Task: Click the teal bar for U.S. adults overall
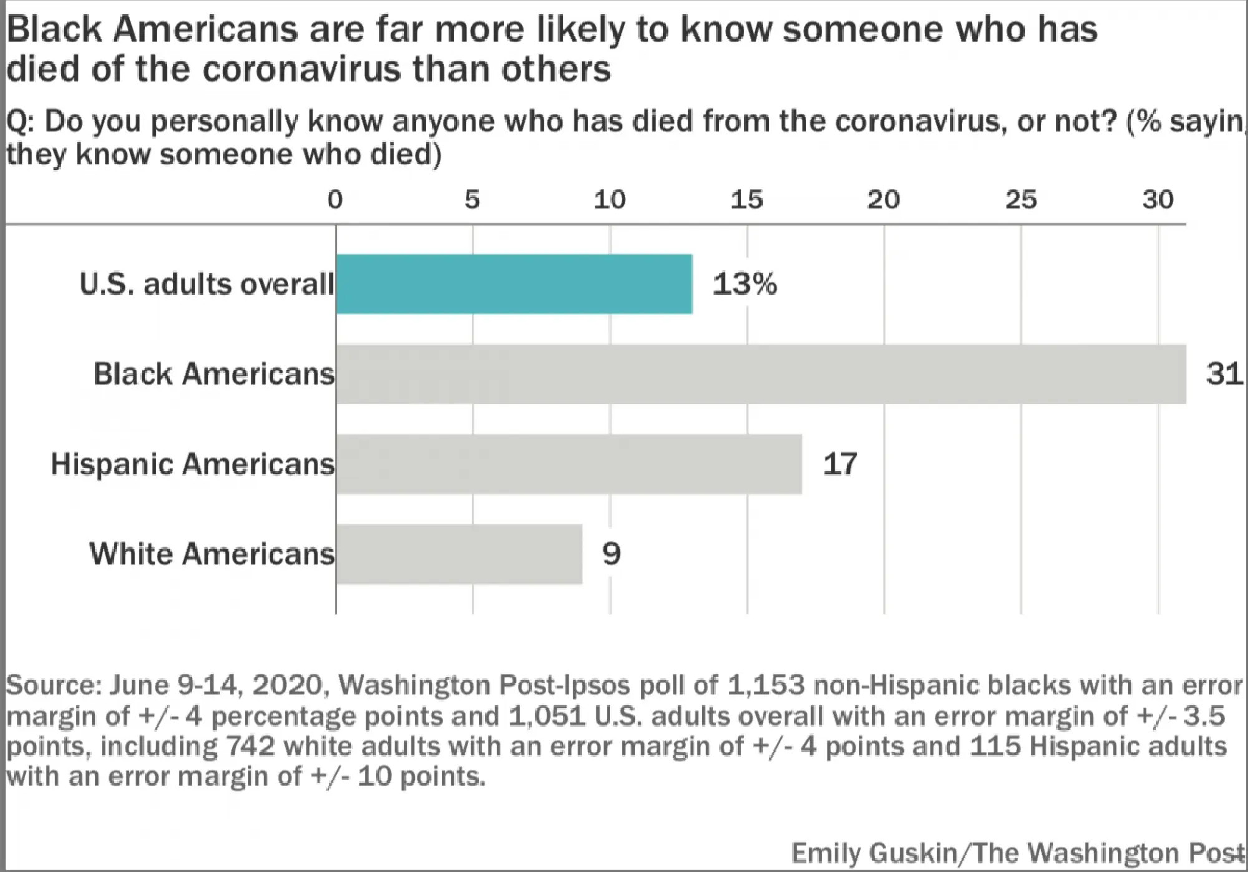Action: click(514, 284)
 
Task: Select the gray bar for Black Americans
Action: click(760, 374)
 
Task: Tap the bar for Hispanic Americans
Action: click(568, 464)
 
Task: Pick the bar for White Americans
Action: click(459, 554)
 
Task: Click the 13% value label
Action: click(744, 284)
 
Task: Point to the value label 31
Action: click(1224, 374)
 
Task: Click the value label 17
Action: click(839, 464)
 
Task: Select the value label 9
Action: click(612, 554)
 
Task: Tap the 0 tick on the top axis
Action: click(335, 200)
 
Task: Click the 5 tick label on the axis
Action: click(472, 200)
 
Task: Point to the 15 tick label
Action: click(747, 200)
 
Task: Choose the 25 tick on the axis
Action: click(1021, 200)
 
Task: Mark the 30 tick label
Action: click(1158, 200)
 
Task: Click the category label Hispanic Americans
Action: click(192, 464)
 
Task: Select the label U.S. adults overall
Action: click(207, 285)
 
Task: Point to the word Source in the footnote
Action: click(52, 685)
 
